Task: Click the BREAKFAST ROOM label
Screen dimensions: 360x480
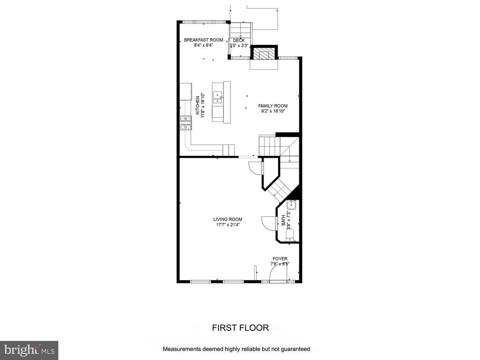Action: pos(203,40)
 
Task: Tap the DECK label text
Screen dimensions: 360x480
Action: pos(239,40)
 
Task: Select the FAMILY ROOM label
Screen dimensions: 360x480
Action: pos(273,106)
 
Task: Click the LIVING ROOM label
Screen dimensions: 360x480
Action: pos(228,219)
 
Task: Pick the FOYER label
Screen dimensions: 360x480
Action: pos(280,258)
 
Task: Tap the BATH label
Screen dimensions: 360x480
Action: pos(283,220)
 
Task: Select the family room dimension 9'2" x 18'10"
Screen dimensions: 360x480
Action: pos(273,111)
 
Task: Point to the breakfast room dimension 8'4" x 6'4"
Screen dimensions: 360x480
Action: pos(203,45)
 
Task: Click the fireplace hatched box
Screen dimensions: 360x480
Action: pos(264,54)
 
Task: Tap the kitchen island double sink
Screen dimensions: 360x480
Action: pos(217,98)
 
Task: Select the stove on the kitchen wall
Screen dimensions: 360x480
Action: pos(186,123)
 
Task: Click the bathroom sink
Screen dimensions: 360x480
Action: pos(292,205)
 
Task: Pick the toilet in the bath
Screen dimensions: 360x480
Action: pos(290,235)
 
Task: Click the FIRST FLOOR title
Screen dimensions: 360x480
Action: pos(240,328)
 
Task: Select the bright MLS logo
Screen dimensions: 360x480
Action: pos(29,350)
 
